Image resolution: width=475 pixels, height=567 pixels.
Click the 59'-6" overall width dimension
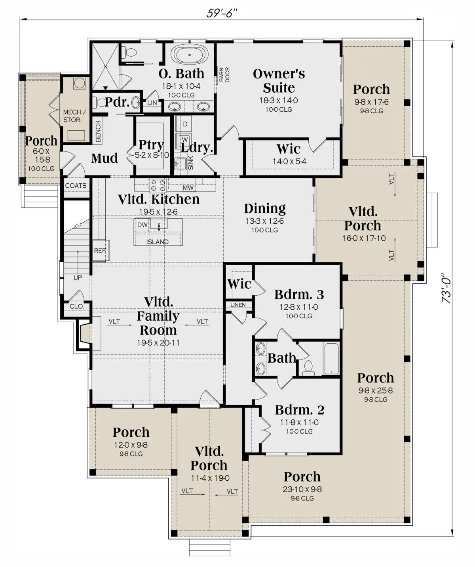pos(222,13)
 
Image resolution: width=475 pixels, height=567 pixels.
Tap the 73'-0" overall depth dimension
pos(446,288)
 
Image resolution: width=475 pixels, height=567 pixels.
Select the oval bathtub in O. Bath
pos(190,55)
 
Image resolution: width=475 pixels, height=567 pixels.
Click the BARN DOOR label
pos(224,74)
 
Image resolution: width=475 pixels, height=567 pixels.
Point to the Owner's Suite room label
pos(279,81)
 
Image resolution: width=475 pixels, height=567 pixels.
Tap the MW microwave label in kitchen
pos(188,188)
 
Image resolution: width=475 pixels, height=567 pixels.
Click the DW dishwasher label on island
pos(142,225)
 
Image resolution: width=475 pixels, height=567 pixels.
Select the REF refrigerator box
pos(101,251)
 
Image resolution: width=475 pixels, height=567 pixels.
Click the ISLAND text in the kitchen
pos(158,242)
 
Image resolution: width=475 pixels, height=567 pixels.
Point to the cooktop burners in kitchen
pos(158,185)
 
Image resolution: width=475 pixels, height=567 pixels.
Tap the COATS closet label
pos(76,186)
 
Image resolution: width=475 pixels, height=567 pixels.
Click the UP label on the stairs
pos(78,278)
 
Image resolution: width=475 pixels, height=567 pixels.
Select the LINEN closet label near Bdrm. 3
pos(238,305)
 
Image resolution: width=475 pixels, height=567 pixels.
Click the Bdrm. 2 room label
pos(300,410)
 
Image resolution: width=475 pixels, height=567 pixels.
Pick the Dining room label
pos(265,209)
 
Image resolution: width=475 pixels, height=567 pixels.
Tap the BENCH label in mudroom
pos(98,131)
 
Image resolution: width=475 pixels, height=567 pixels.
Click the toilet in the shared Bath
pos(308,368)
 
